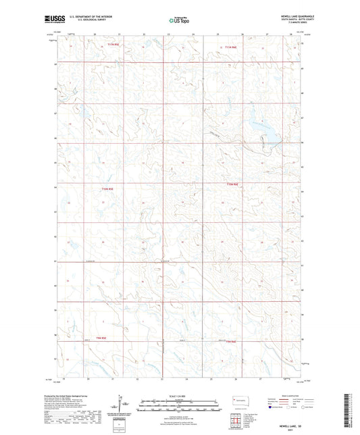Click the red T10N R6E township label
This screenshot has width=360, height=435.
(233, 184)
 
